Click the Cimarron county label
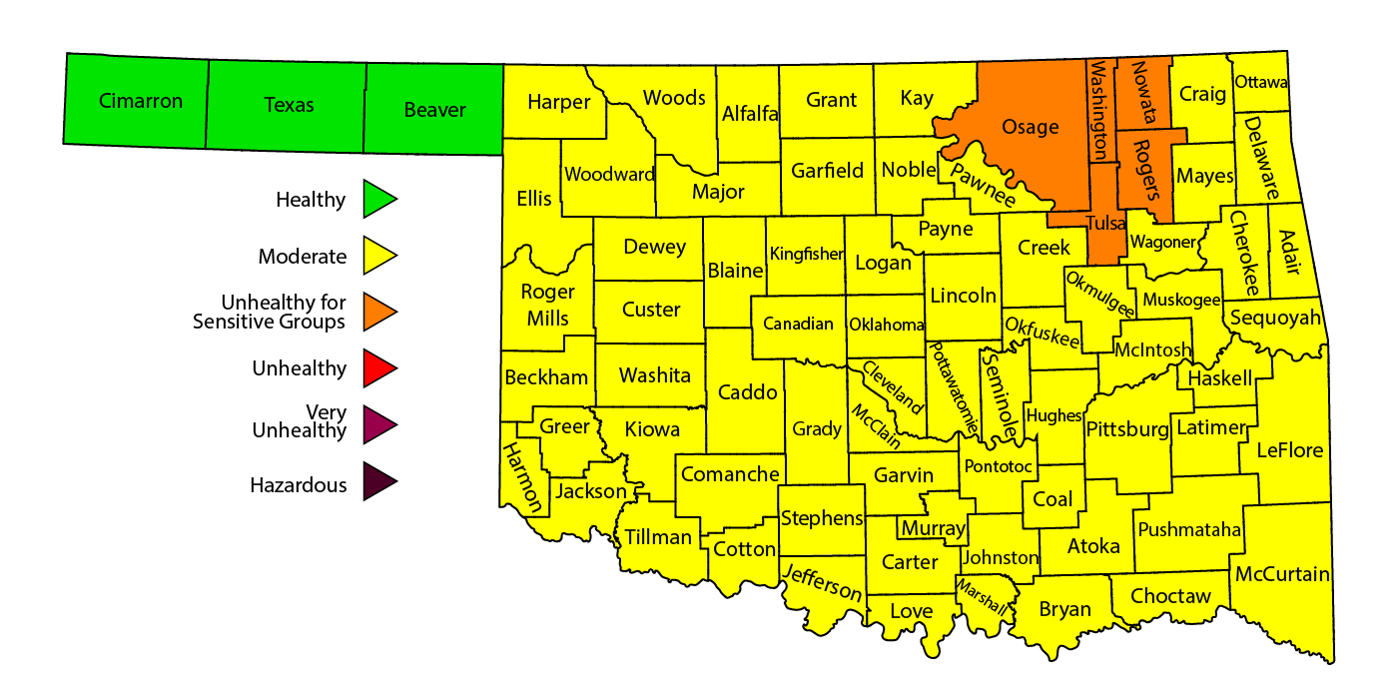(141, 101)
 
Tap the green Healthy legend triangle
(378, 200)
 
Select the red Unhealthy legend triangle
(378, 368)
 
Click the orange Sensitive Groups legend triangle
(378, 312)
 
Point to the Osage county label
(1030, 127)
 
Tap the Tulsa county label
(1106, 224)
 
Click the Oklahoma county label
(887, 325)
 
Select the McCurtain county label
(1282, 574)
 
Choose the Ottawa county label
(1261, 82)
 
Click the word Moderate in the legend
(303, 257)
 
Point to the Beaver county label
(435, 110)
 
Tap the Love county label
(911, 611)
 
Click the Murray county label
(933, 528)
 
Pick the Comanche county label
(729, 474)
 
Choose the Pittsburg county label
(1126, 430)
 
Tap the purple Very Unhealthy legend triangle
(378, 425)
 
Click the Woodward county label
(609, 175)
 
